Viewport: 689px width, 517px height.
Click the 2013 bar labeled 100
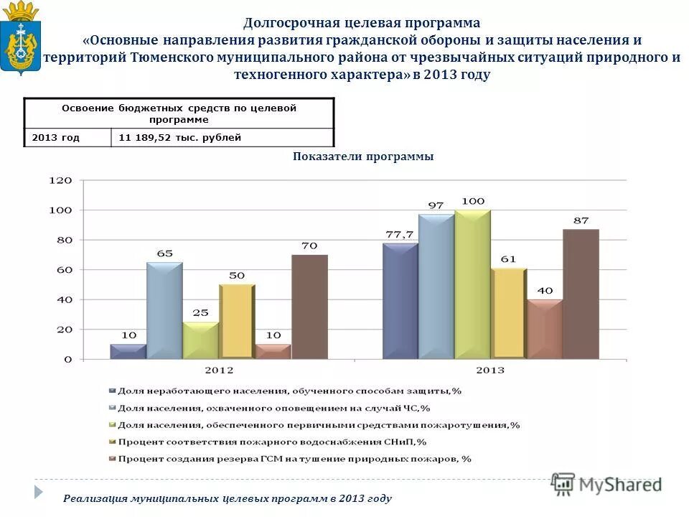(x=473, y=284)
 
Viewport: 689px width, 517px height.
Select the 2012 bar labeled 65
(x=165, y=310)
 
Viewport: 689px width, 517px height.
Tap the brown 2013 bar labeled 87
(x=581, y=294)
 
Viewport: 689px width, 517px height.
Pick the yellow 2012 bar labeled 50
(x=237, y=321)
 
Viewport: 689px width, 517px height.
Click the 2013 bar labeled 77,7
(x=400, y=300)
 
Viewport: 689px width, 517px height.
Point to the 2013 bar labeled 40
(x=545, y=328)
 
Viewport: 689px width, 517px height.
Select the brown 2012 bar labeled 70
(x=309, y=307)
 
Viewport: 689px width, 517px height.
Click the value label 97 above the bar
(x=436, y=205)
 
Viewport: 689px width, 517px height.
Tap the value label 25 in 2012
(x=201, y=313)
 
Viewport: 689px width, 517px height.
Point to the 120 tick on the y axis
(x=60, y=181)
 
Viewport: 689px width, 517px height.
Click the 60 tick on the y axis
(x=63, y=270)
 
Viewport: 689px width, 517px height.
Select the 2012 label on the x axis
(x=219, y=371)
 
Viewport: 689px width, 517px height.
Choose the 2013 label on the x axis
(x=490, y=371)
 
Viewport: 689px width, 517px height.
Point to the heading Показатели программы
(x=363, y=157)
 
